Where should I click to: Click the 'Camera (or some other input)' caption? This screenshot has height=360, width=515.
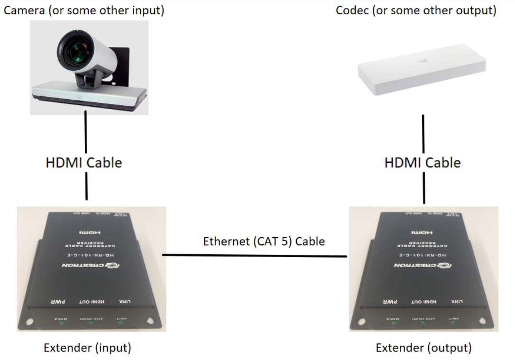click(84, 10)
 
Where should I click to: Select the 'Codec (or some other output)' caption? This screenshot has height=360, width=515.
click(416, 10)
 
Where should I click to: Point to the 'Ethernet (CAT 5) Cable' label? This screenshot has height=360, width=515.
click(264, 241)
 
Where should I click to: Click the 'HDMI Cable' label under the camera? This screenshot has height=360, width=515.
click(84, 163)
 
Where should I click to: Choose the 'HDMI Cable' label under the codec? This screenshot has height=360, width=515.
click(423, 163)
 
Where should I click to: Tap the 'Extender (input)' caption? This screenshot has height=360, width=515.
click(87, 348)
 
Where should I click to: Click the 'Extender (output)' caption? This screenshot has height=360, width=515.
click(423, 348)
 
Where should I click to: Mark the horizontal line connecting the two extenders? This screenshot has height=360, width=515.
click(255, 256)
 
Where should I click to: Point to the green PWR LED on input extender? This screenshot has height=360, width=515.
click(61, 323)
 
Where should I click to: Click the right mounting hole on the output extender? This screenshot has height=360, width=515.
click(486, 321)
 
